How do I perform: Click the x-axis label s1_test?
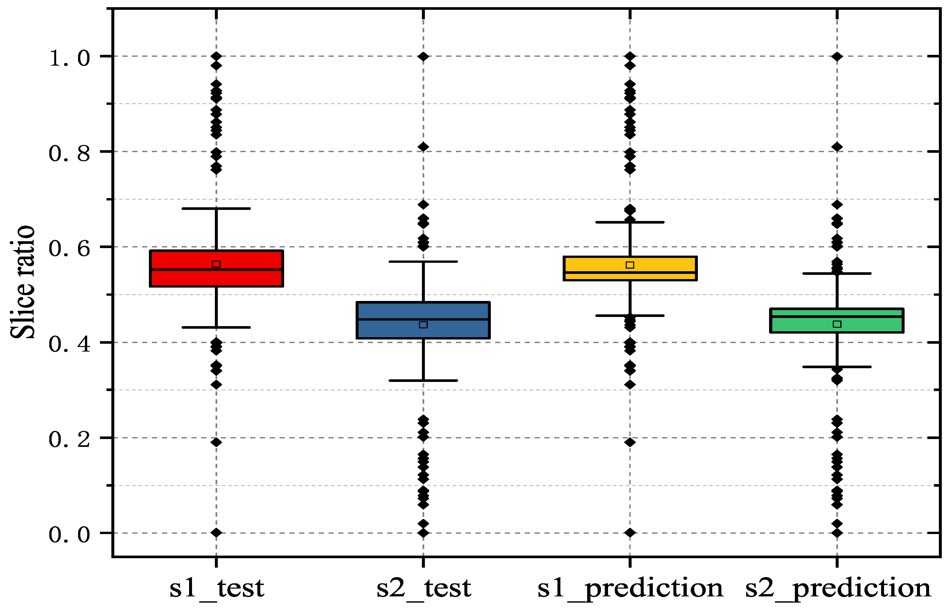point(217,588)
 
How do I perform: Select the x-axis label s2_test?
point(424,588)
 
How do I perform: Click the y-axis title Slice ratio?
point(23,282)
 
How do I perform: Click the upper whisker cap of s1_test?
point(216,209)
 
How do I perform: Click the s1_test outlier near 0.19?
point(216,442)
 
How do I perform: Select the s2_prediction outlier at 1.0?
point(837,56)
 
